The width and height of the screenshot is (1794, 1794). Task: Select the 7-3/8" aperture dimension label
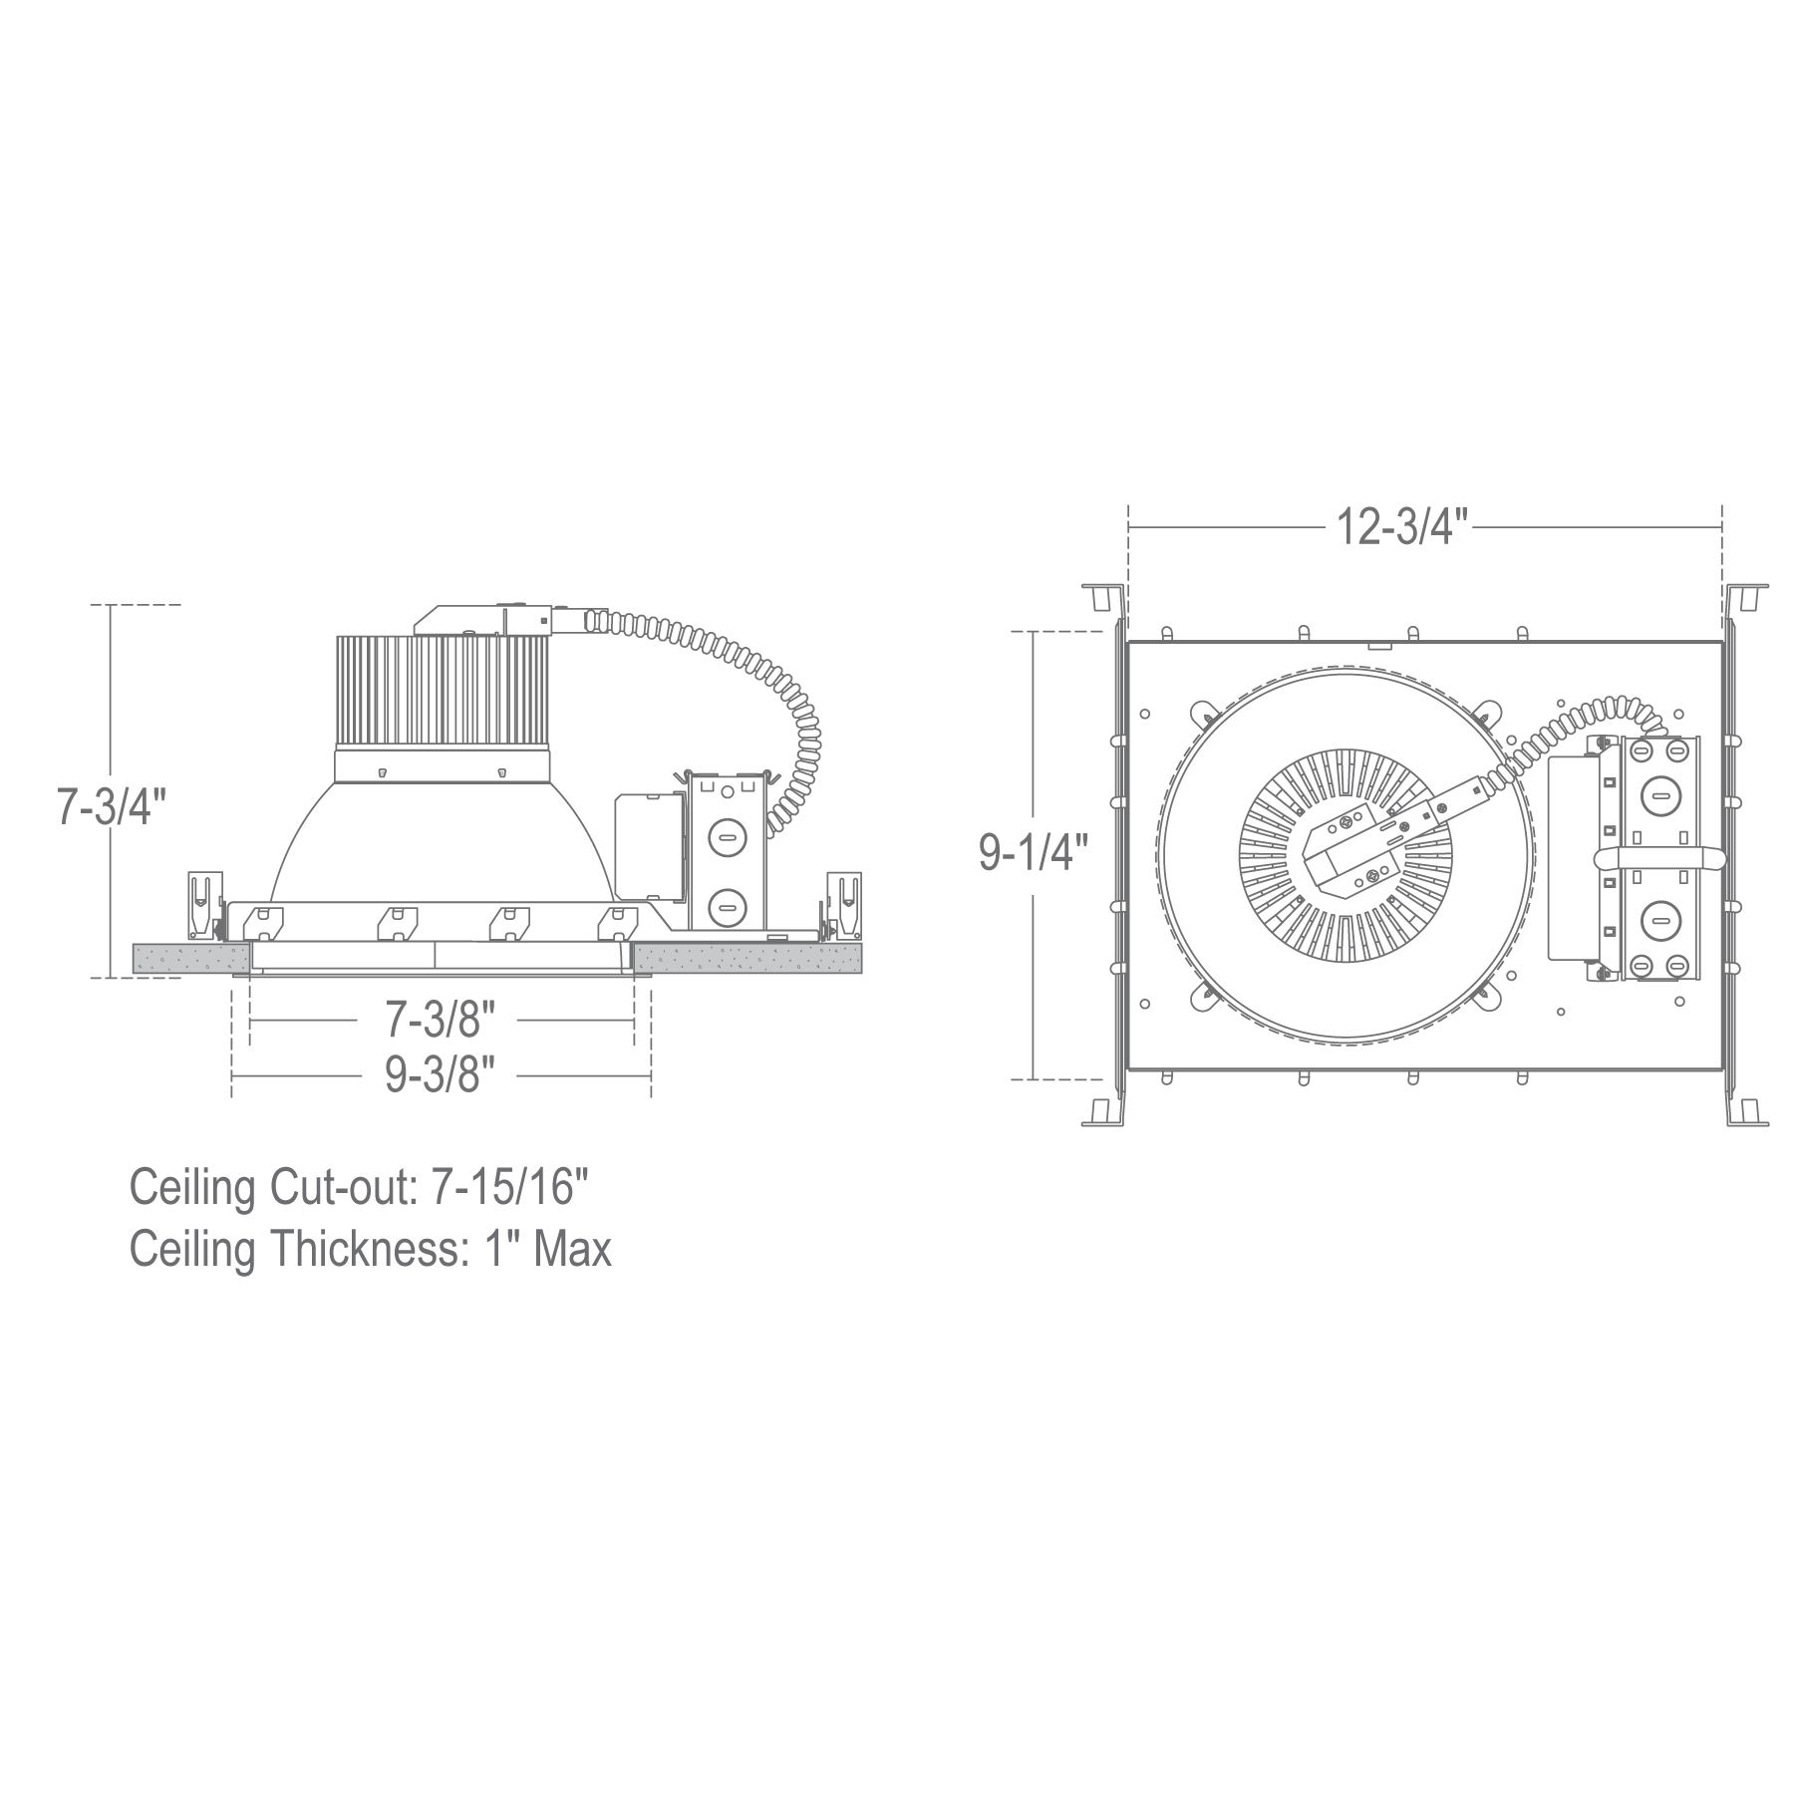(441, 1020)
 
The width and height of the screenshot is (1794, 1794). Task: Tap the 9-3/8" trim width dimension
(441, 1075)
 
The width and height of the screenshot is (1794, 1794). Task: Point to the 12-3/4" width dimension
(1404, 526)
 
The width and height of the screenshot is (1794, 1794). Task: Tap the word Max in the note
(572, 1250)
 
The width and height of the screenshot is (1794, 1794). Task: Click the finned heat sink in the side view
(441, 692)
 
